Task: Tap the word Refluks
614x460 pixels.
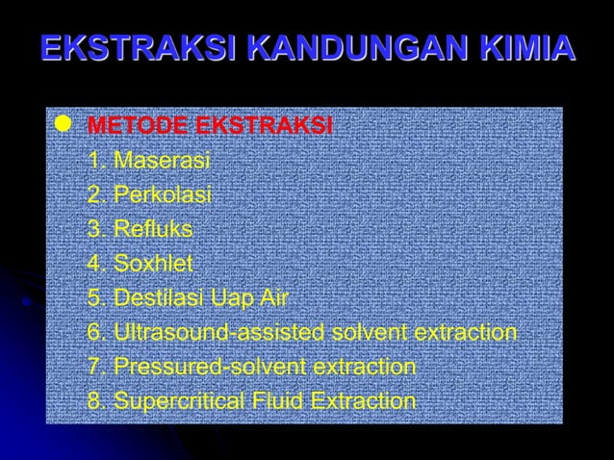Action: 153,230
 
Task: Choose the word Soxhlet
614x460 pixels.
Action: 154,264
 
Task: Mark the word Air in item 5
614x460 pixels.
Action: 274,298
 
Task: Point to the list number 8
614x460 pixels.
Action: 94,401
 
